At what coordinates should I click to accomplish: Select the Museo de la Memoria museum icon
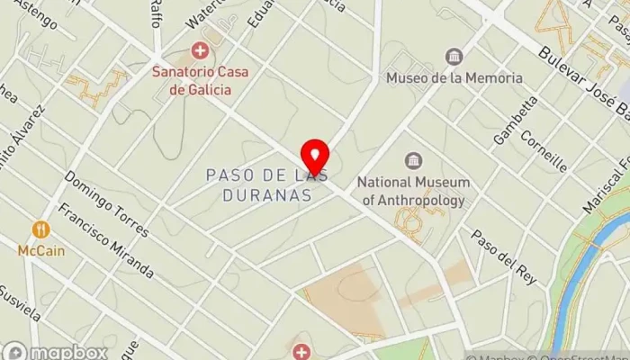454,58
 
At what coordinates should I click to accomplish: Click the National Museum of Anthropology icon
413,161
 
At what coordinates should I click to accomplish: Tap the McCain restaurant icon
40,230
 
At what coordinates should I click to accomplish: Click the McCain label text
40,251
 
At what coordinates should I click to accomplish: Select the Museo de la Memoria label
454,78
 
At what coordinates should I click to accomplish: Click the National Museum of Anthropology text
413,191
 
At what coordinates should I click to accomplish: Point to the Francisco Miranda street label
105,241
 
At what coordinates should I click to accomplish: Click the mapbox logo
55,351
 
